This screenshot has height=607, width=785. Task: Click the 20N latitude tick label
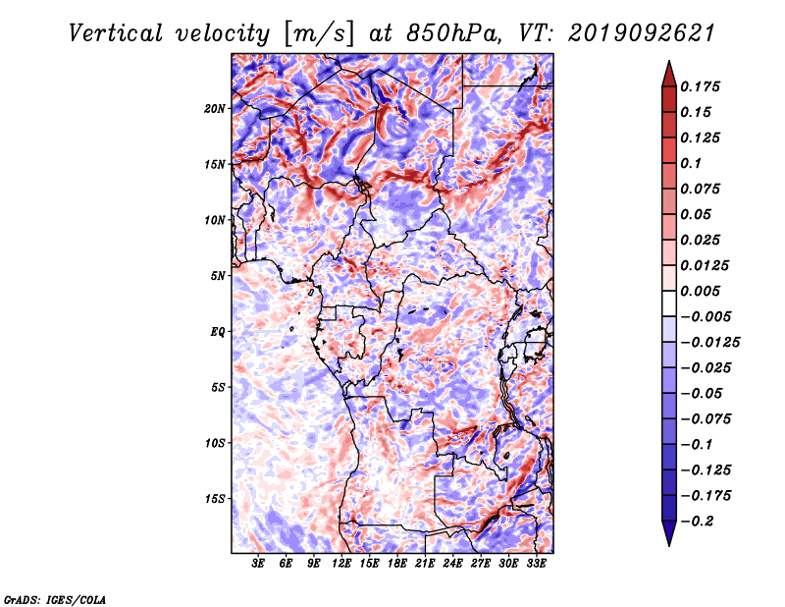tap(215, 109)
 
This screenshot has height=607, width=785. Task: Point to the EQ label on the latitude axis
tap(218, 332)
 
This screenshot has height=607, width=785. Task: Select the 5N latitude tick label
tap(218, 276)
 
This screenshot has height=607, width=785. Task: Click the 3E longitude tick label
tap(258, 564)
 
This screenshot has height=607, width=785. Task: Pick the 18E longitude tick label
tap(397, 564)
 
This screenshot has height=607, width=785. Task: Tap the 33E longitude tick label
tap(536, 564)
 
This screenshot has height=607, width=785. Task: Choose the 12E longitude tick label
tap(341, 564)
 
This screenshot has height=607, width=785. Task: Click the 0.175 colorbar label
tap(700, 86)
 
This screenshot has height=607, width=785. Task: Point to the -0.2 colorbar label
tap(697, 522)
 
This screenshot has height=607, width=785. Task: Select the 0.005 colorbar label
tap(700, 291)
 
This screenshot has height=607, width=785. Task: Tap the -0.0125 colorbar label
tap(709, 343)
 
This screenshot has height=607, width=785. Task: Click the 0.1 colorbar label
tap(691, 163)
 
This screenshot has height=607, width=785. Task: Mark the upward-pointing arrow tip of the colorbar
tap(669, 61)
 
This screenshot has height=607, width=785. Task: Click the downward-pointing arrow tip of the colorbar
tap(669, 545)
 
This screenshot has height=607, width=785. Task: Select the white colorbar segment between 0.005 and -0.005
tap(669, 303)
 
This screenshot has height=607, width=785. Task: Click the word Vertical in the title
tap(116, 33)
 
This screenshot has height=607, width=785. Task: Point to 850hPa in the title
tap(452, 33)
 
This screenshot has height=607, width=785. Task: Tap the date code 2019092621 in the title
tap(642, 33)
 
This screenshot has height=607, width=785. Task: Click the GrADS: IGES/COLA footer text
tap(55, 599)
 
